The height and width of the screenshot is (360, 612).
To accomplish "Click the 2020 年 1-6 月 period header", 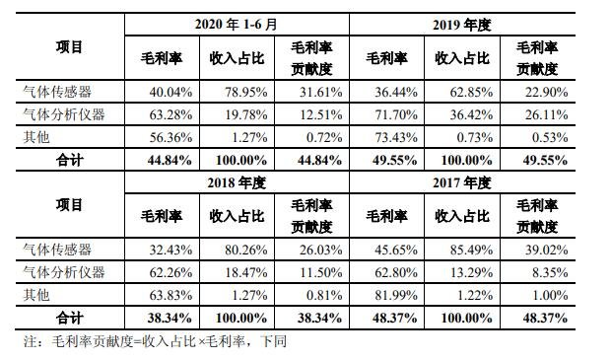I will [x=237, y=24].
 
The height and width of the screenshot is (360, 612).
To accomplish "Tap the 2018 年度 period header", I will [x=237, y=182].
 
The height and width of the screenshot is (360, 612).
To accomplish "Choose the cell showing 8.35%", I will [x=548, y=274].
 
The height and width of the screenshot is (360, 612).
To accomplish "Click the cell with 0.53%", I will [x=548, y=137].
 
